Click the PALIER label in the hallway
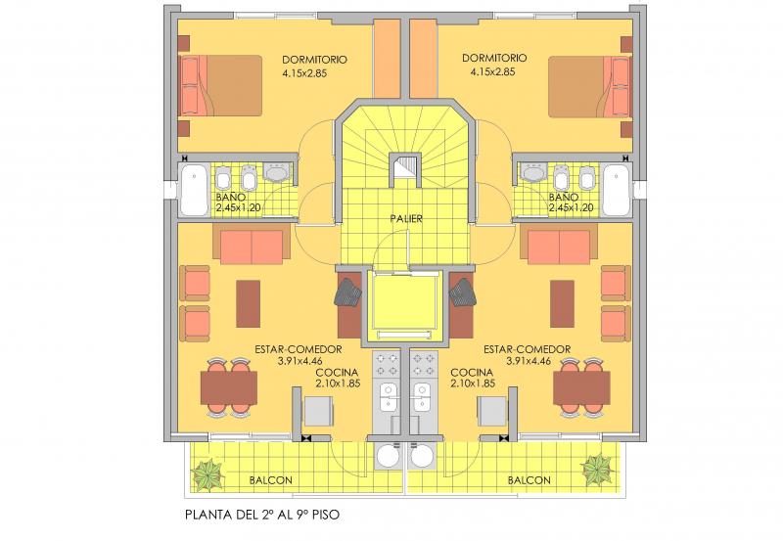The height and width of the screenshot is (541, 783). [406, 218]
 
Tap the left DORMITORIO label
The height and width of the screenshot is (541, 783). [314, 60]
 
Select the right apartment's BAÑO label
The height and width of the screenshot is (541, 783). [564, 198]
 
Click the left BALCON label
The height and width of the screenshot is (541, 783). [271, 480]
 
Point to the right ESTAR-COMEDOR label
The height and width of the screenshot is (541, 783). [527, 349]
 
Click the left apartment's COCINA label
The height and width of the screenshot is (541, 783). [337, 373]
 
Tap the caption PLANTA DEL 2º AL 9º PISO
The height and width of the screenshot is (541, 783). [262, 515]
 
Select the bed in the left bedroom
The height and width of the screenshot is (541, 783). [220, 85]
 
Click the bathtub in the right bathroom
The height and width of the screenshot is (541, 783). [616, 190]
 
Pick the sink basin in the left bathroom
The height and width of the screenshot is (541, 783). [276, 172]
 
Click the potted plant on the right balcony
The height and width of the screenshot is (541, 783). [596, 470]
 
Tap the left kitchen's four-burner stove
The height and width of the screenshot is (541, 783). [387, 364]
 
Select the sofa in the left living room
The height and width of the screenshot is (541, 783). [252, 244]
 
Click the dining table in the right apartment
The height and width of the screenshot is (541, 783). [581, 387]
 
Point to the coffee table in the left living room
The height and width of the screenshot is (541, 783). [249, 303]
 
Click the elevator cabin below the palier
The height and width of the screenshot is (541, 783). [405, 305]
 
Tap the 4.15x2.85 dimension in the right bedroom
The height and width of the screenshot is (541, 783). [493, 71]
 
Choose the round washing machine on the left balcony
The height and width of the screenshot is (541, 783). [390, 456]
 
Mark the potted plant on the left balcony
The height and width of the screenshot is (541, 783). [208, 473]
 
